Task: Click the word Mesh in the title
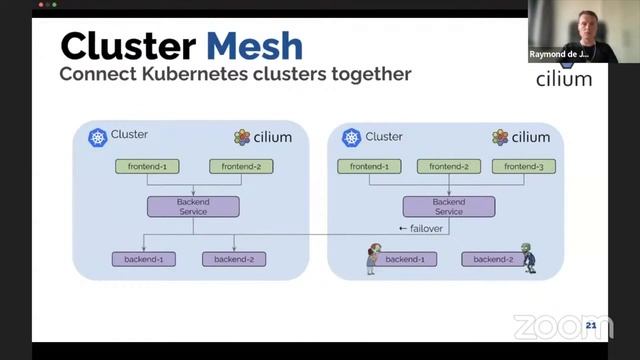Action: [255, 46]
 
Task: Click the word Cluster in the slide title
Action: [129, 46]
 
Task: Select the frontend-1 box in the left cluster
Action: [148, 166]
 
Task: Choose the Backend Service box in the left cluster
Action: [193, 207]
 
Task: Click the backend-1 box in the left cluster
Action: [143, 259]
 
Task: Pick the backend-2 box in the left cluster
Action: [234, 259]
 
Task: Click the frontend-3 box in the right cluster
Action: [524, 166]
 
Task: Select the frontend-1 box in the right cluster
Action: [369, 166]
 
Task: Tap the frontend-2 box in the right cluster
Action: [449, 166]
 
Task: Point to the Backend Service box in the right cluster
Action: [449, 207]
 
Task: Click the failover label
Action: [420, 229]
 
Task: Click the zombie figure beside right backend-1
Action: [371, 258]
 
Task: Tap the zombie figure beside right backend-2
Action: [526, 257]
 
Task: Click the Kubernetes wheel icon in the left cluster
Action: [97, 137]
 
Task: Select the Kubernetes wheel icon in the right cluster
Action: [351, 137]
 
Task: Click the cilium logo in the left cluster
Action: [263, 137]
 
